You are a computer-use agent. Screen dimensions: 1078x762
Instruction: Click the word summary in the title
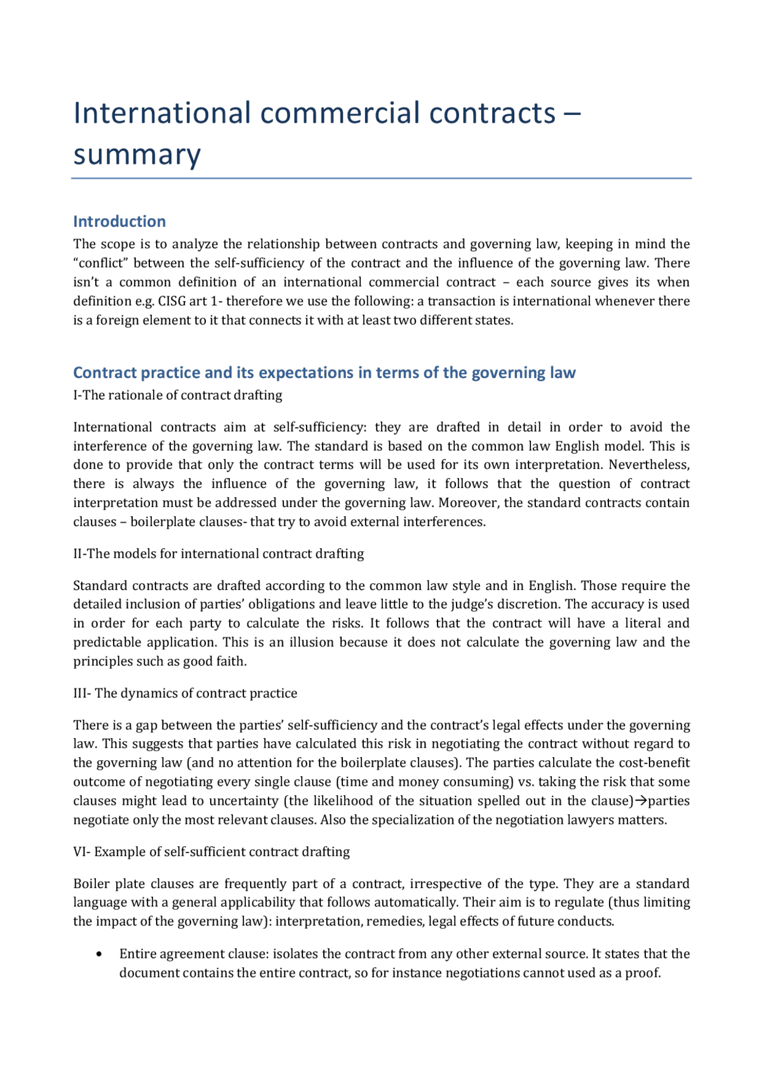[x=137, y=155]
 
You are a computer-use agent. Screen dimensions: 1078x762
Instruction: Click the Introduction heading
[x=119, y=221]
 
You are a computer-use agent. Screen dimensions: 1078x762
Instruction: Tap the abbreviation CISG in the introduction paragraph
[x=172, y=301]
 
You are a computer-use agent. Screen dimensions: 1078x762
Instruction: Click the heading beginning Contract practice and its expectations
[x=324, y=373]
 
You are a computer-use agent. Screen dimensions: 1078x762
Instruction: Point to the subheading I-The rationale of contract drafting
[x=177, y=395]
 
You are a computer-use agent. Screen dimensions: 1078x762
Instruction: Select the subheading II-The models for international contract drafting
[x=218, y=554]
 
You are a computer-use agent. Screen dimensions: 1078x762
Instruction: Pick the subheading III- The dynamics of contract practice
[x=185, y=693]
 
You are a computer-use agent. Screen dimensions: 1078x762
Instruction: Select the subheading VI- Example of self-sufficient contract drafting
[x=211, y=852]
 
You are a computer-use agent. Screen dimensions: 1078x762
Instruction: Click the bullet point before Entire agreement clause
[x=99, y=954]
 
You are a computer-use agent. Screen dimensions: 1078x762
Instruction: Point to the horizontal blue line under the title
[x=381, y=178]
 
